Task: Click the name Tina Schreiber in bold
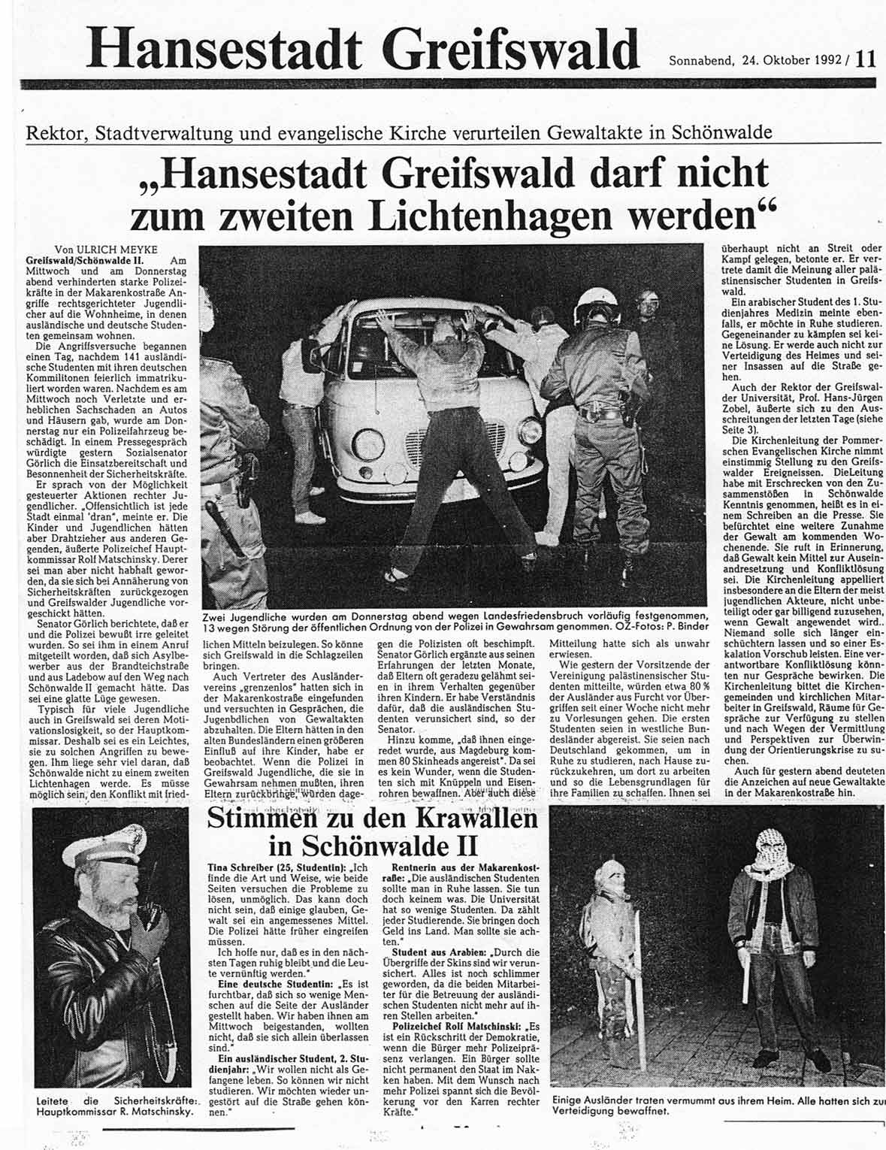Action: tap(243, 867)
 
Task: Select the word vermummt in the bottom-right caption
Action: tap(685, 1100)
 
